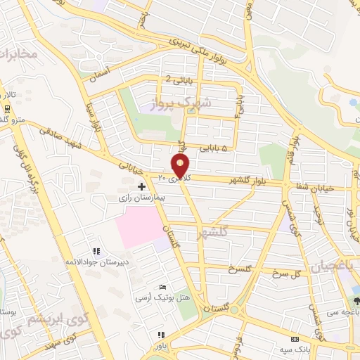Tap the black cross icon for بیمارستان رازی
point(142,186)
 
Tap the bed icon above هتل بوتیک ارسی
point(163,287)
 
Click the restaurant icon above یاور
point(161,335)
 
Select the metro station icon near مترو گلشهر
point(6,108)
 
